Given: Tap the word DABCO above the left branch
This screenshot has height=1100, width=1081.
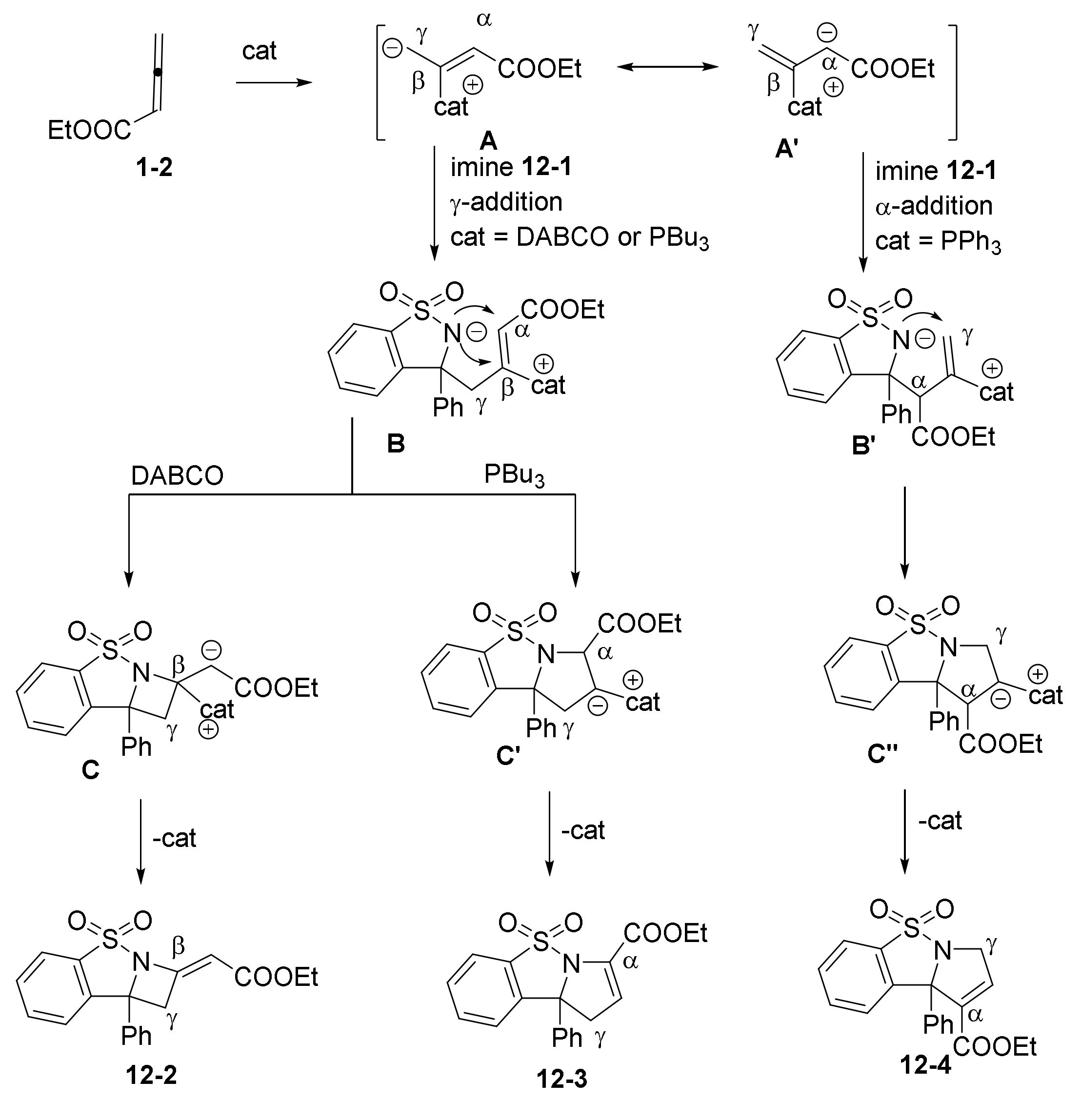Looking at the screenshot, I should (x=177, y=476).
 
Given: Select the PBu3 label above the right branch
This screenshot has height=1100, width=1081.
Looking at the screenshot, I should (x=514, y=476).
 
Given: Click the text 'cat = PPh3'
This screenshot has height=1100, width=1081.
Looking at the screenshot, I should (x=938, y=241).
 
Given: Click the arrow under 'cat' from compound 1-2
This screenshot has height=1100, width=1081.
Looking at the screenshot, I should (x=274, y=83).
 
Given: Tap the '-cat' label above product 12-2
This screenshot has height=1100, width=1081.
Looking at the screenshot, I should (x=174, y=838).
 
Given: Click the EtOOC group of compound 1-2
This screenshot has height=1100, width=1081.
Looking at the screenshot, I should (x=89, y=131).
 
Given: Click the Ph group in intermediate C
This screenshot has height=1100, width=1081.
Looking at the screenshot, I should (x=136, y=746).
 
